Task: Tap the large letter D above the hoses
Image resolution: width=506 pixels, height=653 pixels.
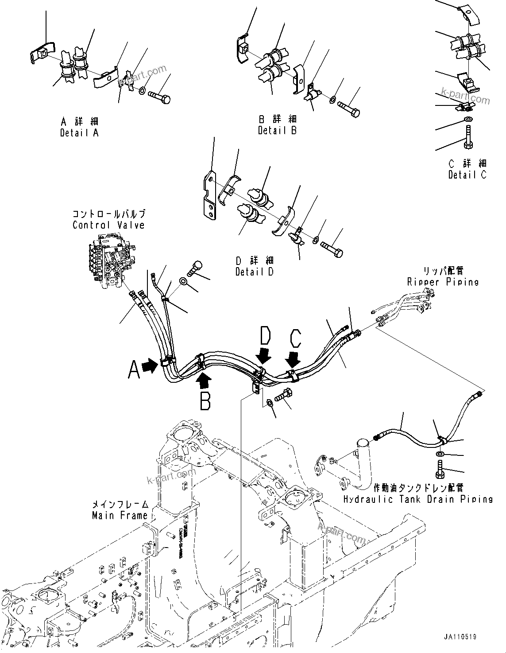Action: point(265,336)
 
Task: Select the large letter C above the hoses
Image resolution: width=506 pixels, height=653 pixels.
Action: point(295,339)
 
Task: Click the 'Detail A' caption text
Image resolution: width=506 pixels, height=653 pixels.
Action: point(80,132)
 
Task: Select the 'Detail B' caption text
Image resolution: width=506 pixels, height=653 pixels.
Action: point(277,131)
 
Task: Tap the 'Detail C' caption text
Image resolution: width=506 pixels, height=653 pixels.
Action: point(467,175)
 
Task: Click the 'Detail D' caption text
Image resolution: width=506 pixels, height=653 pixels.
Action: point(255,272)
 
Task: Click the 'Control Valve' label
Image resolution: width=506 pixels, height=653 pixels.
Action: point(108,225)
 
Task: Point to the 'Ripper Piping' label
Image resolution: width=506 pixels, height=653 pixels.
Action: point(443,282)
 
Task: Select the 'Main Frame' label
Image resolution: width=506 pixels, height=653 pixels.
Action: point(120,516)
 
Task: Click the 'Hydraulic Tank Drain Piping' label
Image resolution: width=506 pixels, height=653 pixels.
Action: point(418,499)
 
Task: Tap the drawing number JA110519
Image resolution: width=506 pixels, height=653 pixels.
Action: point(461,637)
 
